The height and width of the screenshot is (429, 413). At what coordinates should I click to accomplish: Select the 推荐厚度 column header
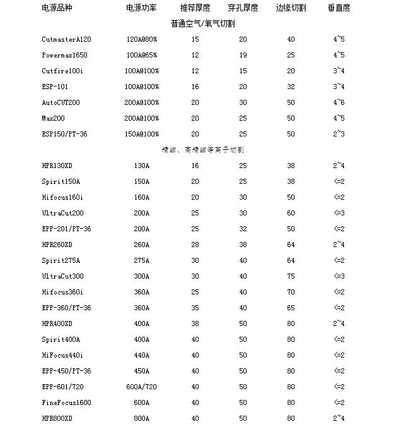click(195, 8)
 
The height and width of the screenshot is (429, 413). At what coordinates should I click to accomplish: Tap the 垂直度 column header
click(339, 8)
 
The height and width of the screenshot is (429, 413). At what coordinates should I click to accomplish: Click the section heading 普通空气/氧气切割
click(203, 23)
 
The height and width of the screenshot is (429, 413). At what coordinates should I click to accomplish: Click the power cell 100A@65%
click(142, 55)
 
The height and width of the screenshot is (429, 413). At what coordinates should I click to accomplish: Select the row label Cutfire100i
click(62, 71)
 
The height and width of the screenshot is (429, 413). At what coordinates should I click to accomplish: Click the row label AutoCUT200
click(61, 102)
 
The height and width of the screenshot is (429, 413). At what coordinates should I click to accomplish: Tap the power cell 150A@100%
click(142, 134)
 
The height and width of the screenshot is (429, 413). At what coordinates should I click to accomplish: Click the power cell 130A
click(142, 166)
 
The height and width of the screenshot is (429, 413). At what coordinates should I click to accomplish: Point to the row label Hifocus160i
click(62, 197)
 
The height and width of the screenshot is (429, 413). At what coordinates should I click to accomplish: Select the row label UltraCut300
click(62, 276)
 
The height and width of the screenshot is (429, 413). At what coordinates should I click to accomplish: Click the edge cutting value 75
click(291, 276)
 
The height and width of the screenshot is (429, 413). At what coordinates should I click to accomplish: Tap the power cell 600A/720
click(142, 387)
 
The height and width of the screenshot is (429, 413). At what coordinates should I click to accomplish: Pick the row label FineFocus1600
click(66, 402)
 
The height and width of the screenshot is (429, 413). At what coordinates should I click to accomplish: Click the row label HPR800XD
click(57, 418)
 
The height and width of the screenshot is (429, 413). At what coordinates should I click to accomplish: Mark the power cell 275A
click(142, 260)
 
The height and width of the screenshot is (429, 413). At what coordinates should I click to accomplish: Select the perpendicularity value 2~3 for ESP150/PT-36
click(339, 134)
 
